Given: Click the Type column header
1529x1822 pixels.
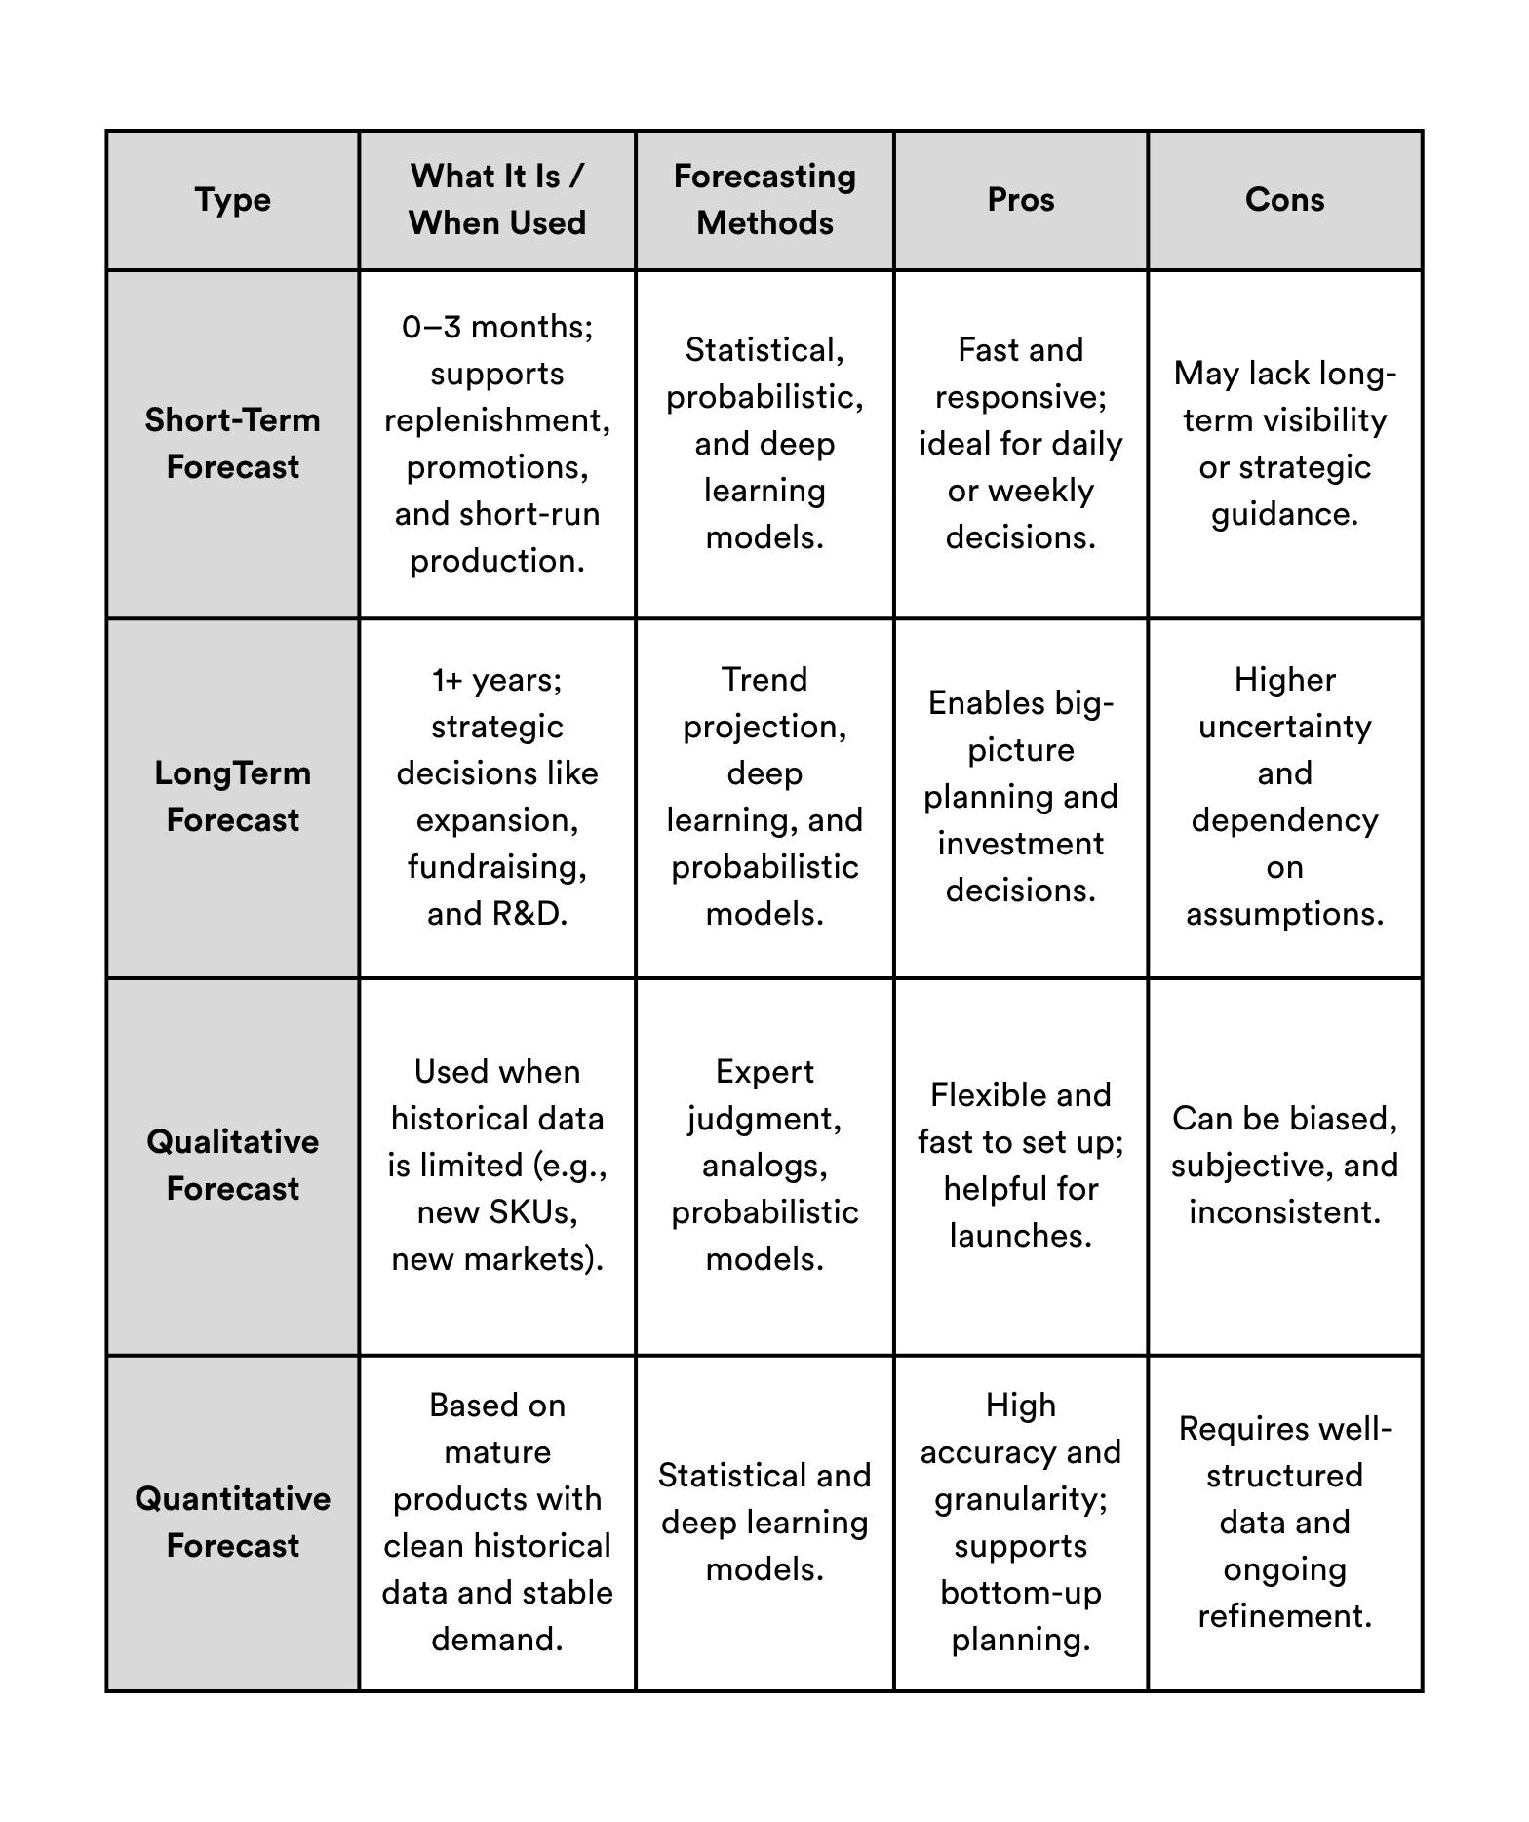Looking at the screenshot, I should pyautogui.click(x=233, y=200).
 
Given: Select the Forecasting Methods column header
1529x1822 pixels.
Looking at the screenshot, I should pyautogui.click(x=764, y=200).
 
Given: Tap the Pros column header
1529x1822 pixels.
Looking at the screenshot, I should pyautogui.click(x=1021, y=200).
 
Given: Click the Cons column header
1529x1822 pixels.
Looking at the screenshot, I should pyautogui.click(x=1284, y=200).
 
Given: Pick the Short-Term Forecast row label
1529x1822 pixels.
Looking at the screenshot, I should pyautogui.click(x=233, y=444).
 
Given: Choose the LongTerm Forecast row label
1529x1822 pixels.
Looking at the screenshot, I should pyautogui.click(x=233, y=797).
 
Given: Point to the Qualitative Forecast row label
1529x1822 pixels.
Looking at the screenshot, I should pyautogui.click(x=233, y=1166).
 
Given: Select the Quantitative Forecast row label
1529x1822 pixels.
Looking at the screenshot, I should pyautogui.click(x=233, y=1523).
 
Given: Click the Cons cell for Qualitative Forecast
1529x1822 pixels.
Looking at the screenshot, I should pyautogui.click(x=1284, y=1166).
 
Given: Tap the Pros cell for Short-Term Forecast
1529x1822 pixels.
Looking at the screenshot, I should pyautogui.click(x=1021, y=444).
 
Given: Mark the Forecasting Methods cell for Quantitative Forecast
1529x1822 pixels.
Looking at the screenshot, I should pyautogui.click(x=764, y=1523).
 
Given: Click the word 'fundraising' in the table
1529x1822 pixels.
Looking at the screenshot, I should pyautogui.click(x=495, y=867).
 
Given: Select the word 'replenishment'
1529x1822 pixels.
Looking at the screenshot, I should pyautogui.click(x=495, y=420).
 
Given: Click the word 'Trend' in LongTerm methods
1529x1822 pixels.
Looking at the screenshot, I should pyautogui.click(x=764, y=680).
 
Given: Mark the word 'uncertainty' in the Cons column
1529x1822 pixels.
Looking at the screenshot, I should pyautogui.click(x=1284, y=727).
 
